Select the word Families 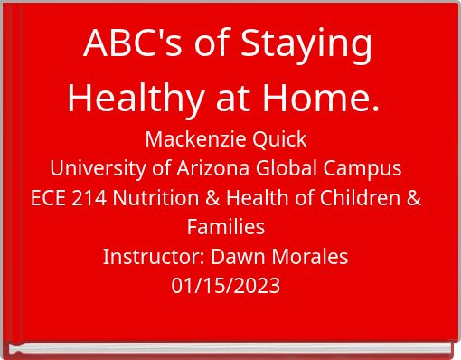click(x=226, y=227)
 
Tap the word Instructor click(x=152, y=256)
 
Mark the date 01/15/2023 click(x=226, y=286)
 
